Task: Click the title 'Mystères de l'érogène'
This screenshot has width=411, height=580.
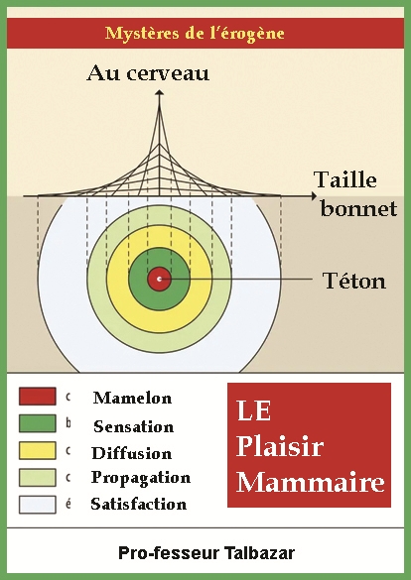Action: (x=195, y=34)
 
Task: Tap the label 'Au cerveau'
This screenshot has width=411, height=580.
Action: (x=148, y=72)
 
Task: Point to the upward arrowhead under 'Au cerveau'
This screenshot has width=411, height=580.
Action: (x=159, y=92)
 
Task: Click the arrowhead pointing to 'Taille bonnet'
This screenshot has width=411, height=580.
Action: (x=314, y=196)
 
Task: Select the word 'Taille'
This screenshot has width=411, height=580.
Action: (x=345, y=180)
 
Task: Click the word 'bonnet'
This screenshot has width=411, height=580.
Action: (x=358, y=208)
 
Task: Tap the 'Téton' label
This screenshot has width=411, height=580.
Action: (x=354, y=281)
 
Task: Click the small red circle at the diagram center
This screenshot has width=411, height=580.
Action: (x=159, y=279)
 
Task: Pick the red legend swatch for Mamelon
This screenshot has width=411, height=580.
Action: (x=38, y=397)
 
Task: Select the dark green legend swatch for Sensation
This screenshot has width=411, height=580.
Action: (x=38, y=423)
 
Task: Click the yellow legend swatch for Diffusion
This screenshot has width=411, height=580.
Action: (x=38, y=450)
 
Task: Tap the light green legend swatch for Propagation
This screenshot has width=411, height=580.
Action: (x=38, y=478)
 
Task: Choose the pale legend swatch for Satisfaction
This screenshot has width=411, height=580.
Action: (x=38, y=505)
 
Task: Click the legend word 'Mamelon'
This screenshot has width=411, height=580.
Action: (x=132, y=398)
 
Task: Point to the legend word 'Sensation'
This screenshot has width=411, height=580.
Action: (x=133, y=426)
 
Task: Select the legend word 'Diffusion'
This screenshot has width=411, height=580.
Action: (x=131, y=453)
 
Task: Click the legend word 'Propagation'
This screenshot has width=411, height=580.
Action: (x=141, y=478)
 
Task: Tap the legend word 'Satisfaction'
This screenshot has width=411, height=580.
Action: (x=138, y=505)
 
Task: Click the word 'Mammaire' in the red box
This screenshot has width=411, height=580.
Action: (x=311, y=482)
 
